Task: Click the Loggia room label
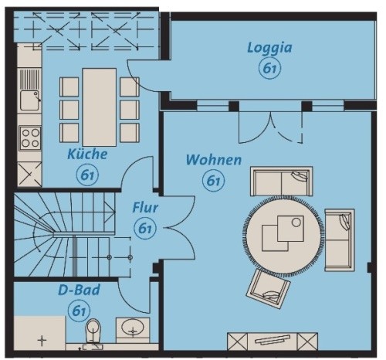[269, 48]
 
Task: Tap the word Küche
[87, 155]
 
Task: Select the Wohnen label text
[214, 160]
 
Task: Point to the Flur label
[145, 208]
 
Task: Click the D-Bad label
[79, 290]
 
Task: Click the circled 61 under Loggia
[269, 68]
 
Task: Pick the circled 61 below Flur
[145, 229]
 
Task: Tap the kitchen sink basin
[29, 100]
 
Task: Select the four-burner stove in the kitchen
[30, 138]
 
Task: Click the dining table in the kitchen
[100, 107]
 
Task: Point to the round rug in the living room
[283, 236]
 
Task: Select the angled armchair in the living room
[268, 289]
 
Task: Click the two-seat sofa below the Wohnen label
[282, 182]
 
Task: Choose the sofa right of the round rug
[340, 240]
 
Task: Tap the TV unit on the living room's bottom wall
[273, 341]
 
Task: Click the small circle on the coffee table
[296, 222]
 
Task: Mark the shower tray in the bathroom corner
[39, 333]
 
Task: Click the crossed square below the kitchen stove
[29, 174]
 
